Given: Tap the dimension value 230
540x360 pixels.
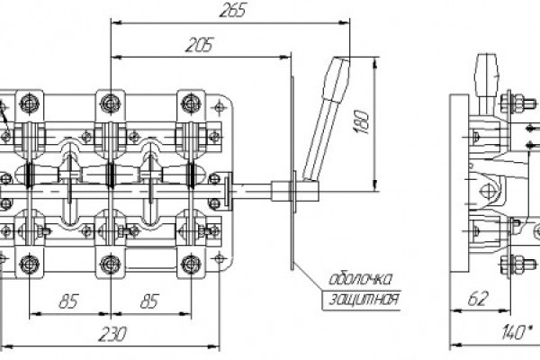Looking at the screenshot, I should (112, 333).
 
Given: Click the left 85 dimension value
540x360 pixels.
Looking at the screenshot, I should (67, 301).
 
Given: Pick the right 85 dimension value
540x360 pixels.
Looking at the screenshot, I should (149, 301).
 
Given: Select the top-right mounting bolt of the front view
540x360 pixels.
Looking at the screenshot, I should (192, 99).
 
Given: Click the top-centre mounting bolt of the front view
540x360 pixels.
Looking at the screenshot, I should (111, 99).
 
